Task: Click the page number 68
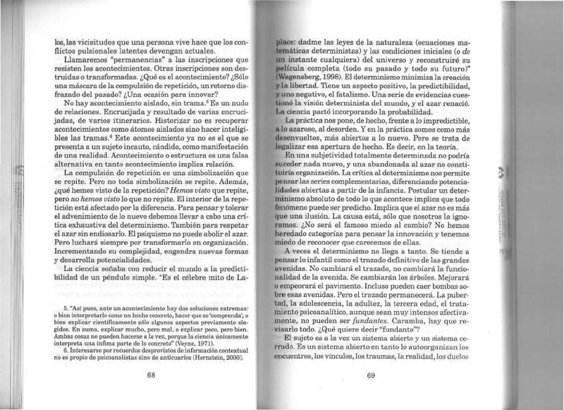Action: pyautogui.click(x=150, y=375)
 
